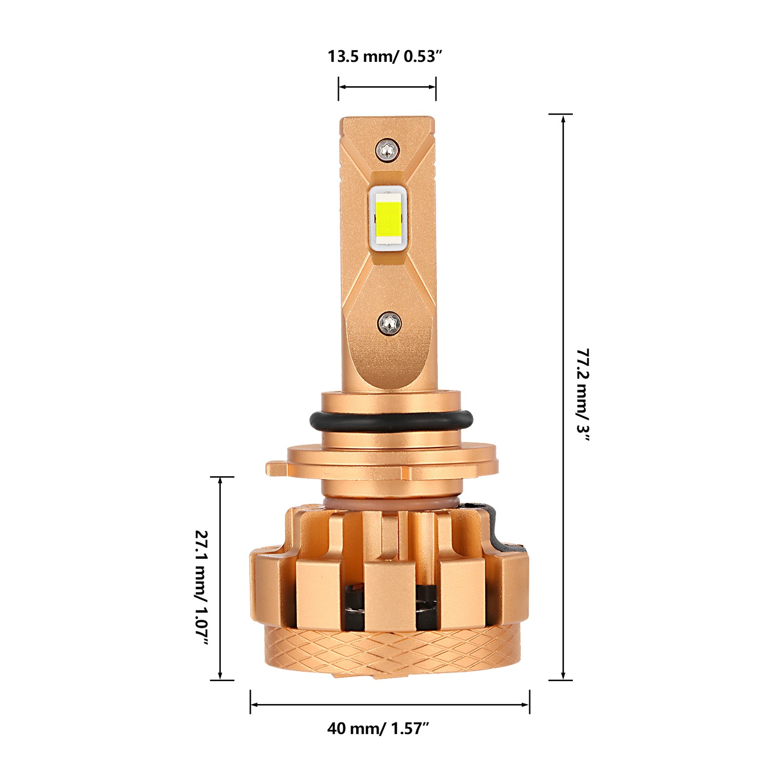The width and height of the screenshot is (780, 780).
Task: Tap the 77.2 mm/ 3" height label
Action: [x=583, y=395]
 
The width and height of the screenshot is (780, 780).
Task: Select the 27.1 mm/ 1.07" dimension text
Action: [x=202, y=588]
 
